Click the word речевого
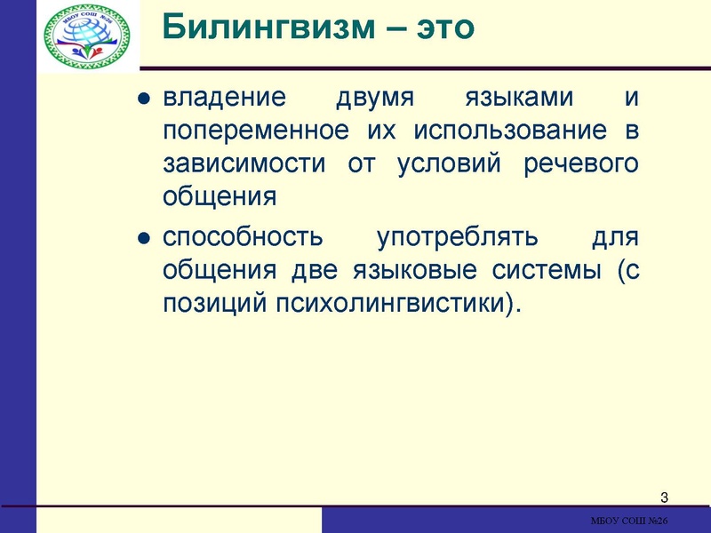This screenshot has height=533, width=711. (587, 164)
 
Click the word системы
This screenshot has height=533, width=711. (540, 271)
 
